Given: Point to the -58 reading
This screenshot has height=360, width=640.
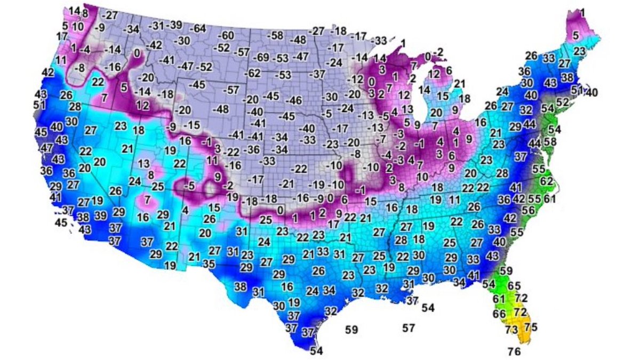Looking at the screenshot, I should tap(275, 36).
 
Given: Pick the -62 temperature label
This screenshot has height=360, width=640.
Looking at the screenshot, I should tap(253, 73).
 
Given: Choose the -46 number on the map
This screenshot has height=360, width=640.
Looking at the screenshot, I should tap(293, 100).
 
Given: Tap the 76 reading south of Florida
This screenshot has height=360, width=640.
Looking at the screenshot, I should tap(514, 351).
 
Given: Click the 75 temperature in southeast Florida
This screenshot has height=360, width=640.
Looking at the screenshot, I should tap(531, 327).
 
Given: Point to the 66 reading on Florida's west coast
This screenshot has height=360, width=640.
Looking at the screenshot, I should tap(499, 314).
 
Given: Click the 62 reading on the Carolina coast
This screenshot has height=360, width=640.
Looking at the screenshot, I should tap(546, 181).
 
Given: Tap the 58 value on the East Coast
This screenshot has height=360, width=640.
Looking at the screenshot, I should tap(550, 142).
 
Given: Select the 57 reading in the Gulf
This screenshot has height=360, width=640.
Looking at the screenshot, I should tap(409, 328).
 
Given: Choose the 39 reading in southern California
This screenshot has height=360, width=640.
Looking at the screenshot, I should tap(100, 215).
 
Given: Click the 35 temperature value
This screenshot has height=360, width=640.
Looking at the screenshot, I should tap(209, 263).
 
